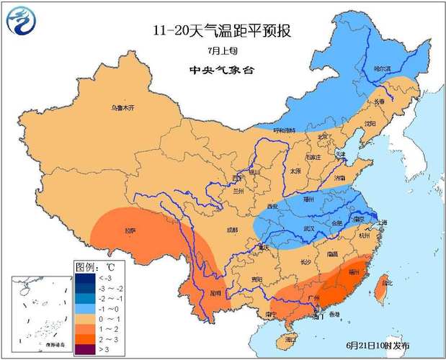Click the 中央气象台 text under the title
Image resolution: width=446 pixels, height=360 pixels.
pos(222,71)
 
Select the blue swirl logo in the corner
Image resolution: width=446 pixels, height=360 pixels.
pos(21,22)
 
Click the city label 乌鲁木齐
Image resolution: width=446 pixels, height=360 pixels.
pos(122,108)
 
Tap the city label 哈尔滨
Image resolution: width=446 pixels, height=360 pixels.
pos(382,68)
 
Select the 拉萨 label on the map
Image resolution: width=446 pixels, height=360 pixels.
pos(130,230)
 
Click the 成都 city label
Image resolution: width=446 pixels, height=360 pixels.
pos(231,230)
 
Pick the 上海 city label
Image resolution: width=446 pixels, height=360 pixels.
pos(383,222)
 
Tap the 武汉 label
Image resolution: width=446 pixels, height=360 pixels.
pos(311,228)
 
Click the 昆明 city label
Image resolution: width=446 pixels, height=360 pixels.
pos(213,294)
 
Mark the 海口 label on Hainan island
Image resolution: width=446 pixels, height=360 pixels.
pos(290,338)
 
